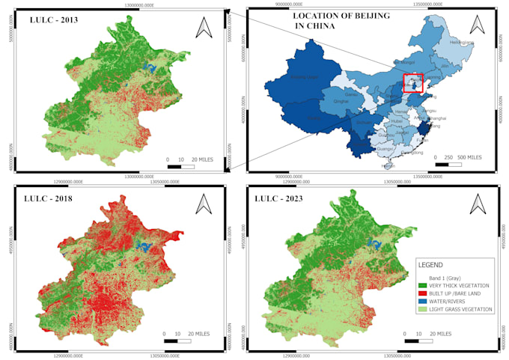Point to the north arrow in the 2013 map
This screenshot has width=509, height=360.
[x=204, y=28]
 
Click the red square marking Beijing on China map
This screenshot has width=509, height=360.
[x=413, y=83]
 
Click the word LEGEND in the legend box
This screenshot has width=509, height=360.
[x=431, y=265]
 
